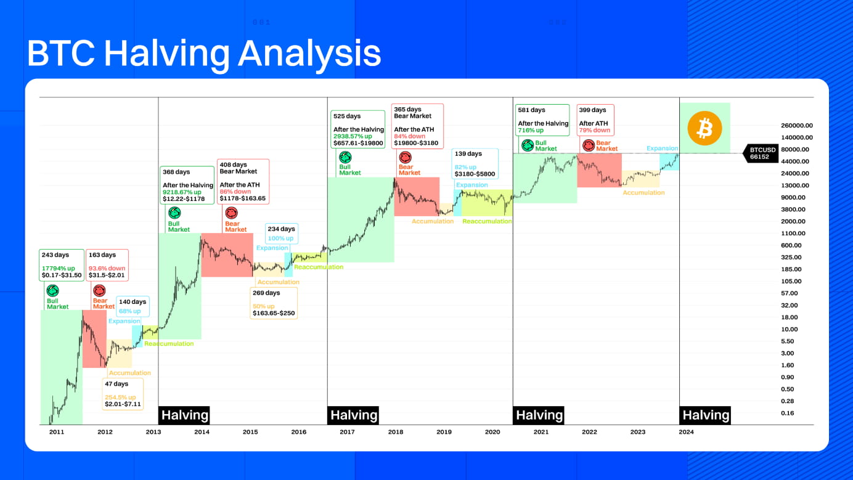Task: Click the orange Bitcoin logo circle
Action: tap(704, 128)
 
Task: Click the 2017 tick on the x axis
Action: tap(347, 432)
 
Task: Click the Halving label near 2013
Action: tap(184, 415)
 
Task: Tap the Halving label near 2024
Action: tap(705, 415)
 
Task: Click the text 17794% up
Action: tap(59, 267)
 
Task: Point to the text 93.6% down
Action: tap(107, 268)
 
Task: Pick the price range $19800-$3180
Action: tap(416, 143)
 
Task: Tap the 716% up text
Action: tap(531, 131)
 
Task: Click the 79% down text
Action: tap(594, 131)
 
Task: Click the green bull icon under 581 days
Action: tap(527, 145)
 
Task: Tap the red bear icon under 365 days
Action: tap(405, 158)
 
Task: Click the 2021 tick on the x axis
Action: tap(541, 432)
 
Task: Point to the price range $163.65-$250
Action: tap(274, 313)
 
